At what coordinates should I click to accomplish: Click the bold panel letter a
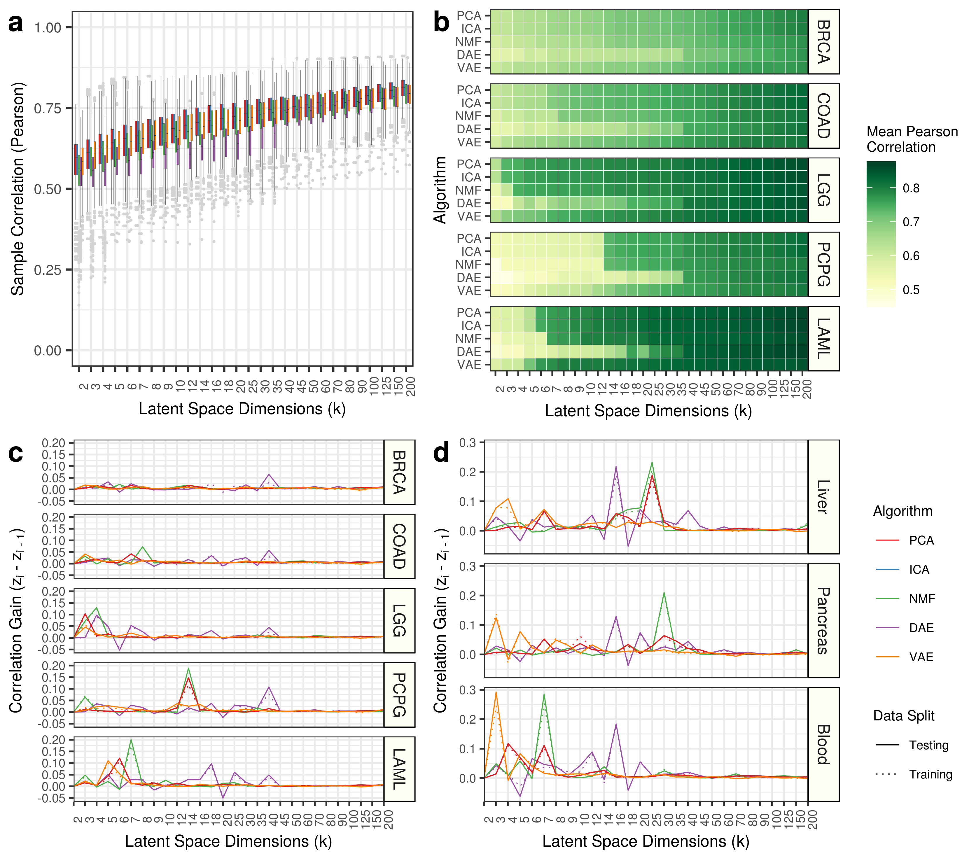tap(16, 23)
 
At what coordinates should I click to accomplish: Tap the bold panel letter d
tap(441, 452)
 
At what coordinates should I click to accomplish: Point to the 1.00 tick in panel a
tap(48, 28)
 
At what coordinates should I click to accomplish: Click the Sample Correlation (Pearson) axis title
tap(18, 189)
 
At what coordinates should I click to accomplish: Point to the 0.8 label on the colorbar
tap(911, 188)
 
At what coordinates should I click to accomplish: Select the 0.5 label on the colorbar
tap(911, 290)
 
